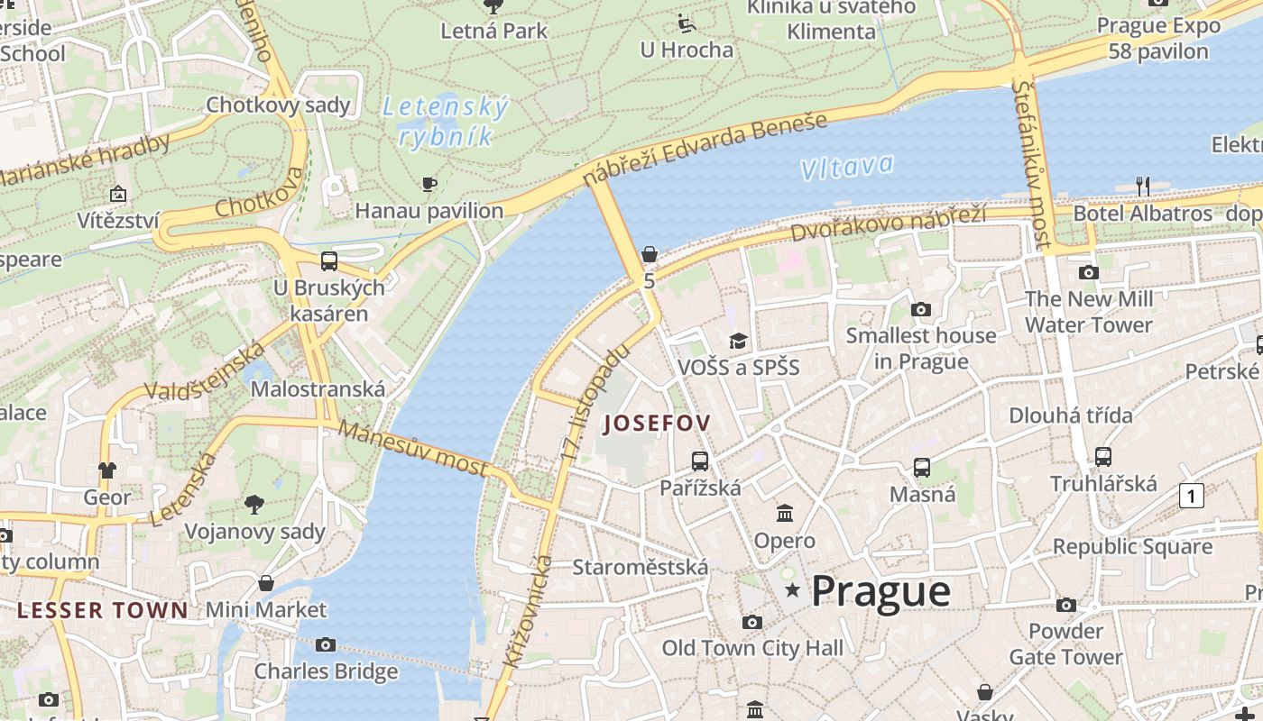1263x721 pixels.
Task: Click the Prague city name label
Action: click(880, 592)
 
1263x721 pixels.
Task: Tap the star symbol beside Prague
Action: click(793, 590)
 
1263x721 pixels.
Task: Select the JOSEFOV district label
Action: click(658, 423)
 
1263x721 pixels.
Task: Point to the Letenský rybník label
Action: click(445, 122)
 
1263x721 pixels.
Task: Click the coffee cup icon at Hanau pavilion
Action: click(429, 185)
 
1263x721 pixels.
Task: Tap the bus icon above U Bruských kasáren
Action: click(329, 261)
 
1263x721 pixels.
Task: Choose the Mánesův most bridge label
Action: click(414, 448)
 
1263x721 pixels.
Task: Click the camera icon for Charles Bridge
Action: click(326, 644)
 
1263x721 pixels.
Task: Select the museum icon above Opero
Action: click(785, 514)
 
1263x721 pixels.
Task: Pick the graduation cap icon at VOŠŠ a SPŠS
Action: click(739, 341)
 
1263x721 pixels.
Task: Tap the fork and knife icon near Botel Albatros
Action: click(1143, 187)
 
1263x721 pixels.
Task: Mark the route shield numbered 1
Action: click(1192, 495)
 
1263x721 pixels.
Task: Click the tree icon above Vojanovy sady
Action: click(254, 505)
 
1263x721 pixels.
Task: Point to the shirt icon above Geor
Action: click(107, 470)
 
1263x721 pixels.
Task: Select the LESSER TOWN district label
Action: click(103, 610)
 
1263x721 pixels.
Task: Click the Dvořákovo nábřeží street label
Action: click(888, 223)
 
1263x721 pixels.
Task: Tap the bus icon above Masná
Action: click(921, 468)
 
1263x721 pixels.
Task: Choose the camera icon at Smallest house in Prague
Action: click(920, 309)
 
